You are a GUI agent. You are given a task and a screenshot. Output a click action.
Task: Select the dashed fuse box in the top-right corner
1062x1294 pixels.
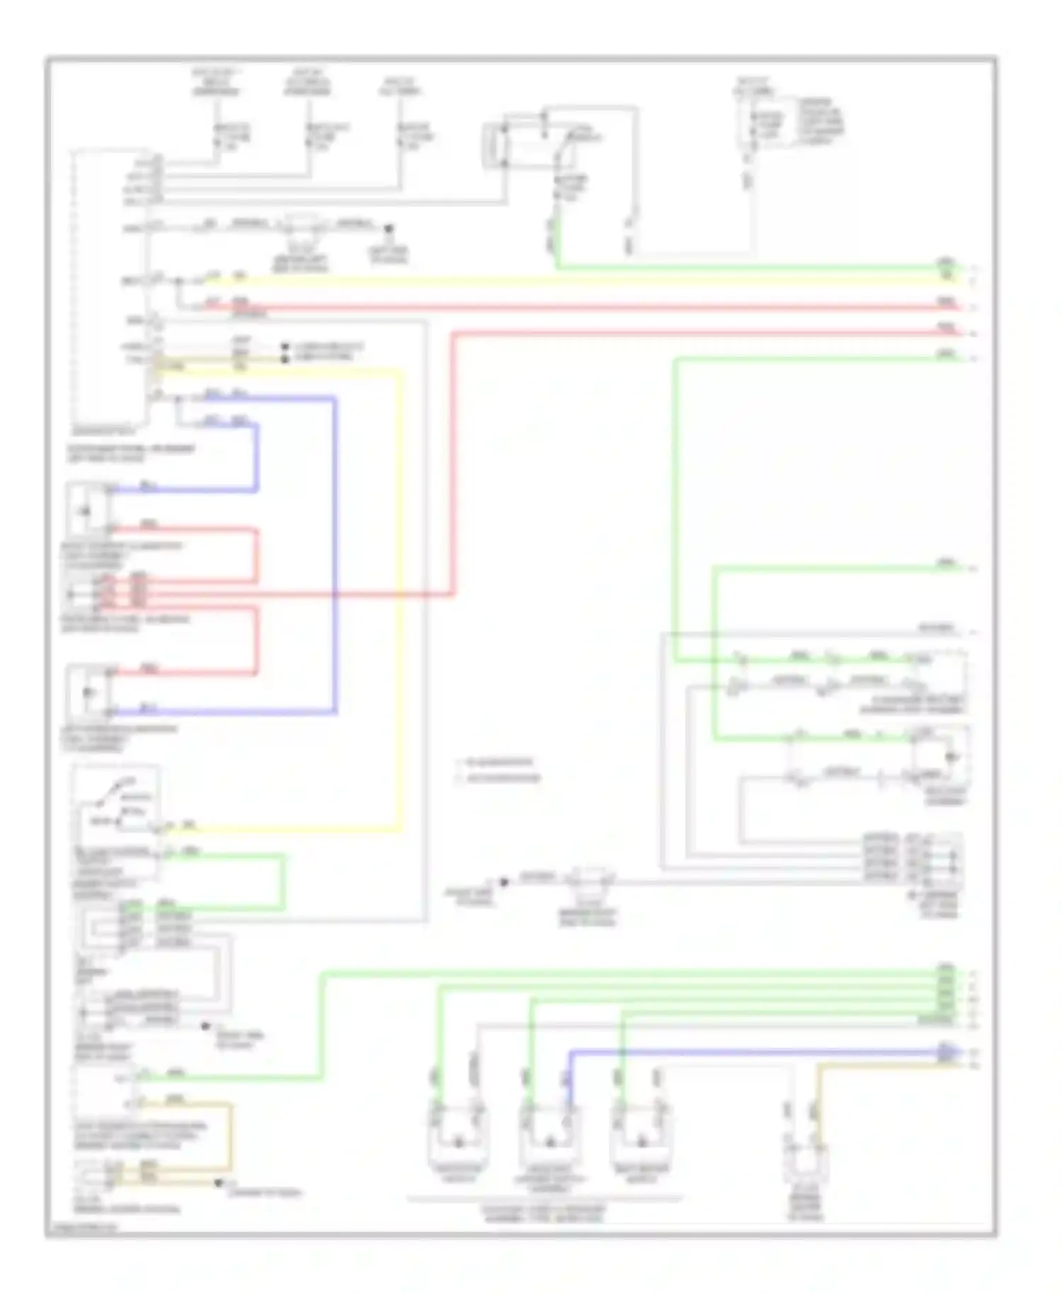tap(765, 127)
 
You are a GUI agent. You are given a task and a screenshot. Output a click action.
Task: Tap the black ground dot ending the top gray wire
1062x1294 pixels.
tap(388, 229)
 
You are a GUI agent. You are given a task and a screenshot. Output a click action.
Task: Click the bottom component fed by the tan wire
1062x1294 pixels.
tap(806, 1161)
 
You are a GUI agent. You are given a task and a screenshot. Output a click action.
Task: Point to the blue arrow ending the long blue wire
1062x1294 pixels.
tap(946, 1052)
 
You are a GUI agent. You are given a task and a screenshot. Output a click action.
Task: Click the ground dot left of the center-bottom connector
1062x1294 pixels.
tap(504, 882)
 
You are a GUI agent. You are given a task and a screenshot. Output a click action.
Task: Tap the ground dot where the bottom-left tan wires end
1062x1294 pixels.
tap(219, 1183)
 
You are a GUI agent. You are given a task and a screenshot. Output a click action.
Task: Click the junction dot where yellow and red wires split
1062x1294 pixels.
tap(179, 281)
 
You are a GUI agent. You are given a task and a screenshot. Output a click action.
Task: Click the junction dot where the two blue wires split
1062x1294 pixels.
tap(179, 399)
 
